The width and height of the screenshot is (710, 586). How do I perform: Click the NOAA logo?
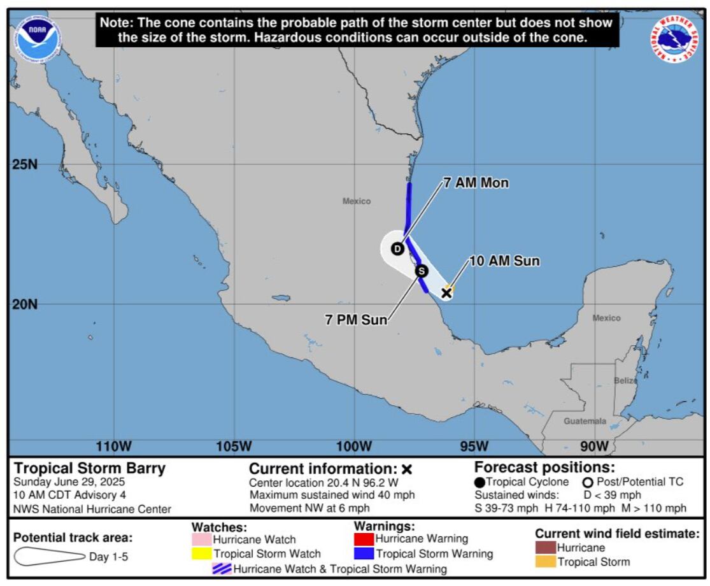coord(38,39)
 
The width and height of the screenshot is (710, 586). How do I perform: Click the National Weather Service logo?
coord(673,39)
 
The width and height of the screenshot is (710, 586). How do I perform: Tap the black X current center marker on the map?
coord(446,292)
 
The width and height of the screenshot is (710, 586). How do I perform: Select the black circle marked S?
coord(422,271)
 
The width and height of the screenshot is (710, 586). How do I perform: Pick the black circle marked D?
coord(397,248)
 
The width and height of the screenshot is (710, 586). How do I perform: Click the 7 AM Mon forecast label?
coord(476,183)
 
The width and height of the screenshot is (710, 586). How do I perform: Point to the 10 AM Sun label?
coord(504,261)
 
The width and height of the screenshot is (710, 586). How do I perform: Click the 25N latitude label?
coord(25,164)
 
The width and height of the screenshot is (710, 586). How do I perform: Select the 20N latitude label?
coord(25,304)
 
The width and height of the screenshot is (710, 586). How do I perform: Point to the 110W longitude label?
coord(114,447)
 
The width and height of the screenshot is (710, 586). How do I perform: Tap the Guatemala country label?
coord(585,421)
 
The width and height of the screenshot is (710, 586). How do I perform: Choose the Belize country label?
coord(625,380)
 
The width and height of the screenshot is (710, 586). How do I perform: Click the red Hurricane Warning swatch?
coord(364,540)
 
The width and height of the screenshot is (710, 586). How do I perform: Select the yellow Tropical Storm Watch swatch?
coord(201,554)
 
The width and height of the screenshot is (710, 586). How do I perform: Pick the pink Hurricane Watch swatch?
coord(201,540)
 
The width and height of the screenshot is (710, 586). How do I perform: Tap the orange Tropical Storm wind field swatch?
coord(545,562)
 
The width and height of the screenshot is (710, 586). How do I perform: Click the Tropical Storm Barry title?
coord(90,469)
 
